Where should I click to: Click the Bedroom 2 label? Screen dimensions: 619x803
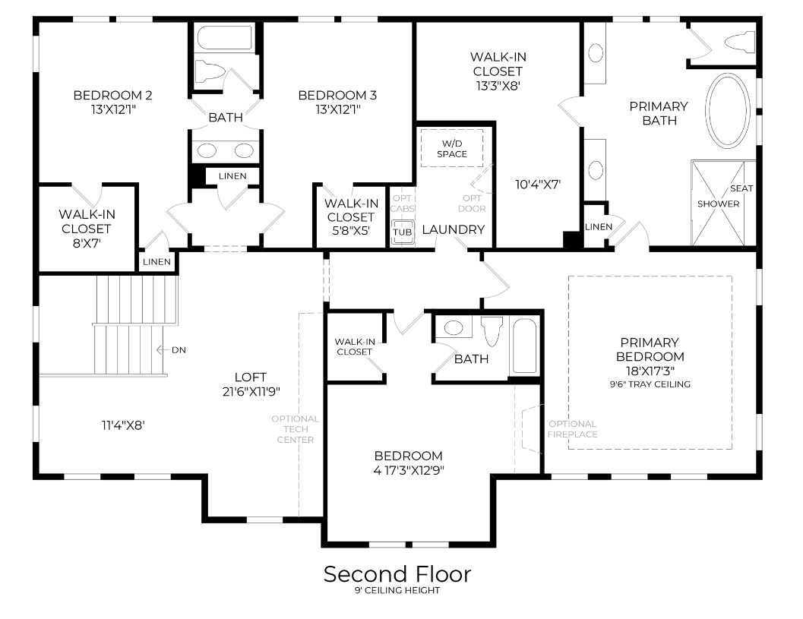pos(112,96)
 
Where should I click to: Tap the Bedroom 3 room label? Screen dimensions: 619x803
pos(337,96)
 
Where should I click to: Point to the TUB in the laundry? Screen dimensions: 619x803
pos(402,232)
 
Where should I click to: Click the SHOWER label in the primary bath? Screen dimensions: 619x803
pos(718,204)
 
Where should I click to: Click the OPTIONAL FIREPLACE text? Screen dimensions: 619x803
pos(572,429)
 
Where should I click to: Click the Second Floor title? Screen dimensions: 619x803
pos(397,573)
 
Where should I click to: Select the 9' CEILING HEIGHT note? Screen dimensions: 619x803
pos(397,591)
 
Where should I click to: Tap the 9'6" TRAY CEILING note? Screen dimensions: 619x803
pos(650,384)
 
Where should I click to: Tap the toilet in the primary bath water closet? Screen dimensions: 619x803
pos(738,41)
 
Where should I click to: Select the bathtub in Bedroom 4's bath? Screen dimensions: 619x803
pos(524,346)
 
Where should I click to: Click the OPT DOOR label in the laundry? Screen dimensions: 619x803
pos(473,204)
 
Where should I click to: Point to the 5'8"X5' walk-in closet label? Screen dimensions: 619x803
pos(351,231)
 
